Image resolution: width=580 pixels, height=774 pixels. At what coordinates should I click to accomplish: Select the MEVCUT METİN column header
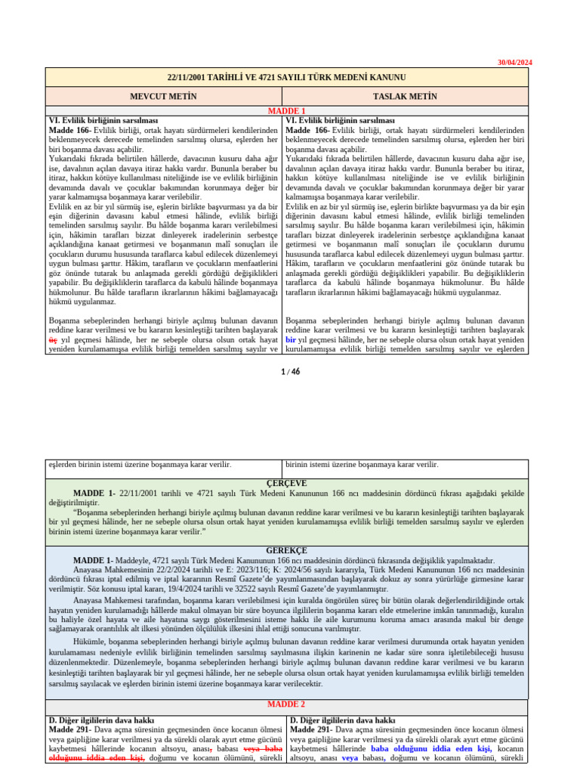163,97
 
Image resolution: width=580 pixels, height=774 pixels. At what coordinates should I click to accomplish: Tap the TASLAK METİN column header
405,97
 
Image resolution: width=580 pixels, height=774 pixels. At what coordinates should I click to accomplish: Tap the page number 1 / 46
290,371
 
